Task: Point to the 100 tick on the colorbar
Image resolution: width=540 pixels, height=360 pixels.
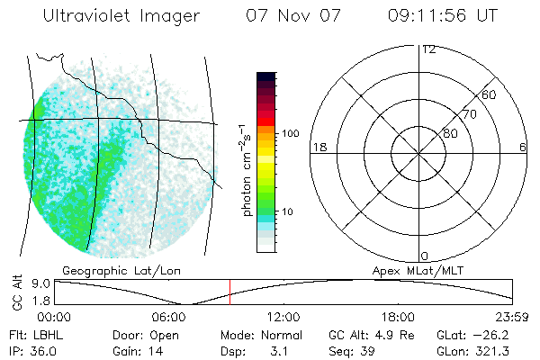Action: point(291,133)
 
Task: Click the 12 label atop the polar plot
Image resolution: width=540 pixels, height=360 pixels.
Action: point(429,49)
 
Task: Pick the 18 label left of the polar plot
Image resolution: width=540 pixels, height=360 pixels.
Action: point(318,147)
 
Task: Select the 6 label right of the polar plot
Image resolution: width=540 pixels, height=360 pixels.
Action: point(523,147)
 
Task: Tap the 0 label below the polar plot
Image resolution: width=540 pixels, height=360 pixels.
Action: point(424,256)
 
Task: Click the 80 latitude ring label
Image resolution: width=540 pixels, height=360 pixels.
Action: point(449,133)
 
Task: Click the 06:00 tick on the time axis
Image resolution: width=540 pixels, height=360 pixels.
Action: point(169,316)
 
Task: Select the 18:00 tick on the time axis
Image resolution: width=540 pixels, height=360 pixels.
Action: point(398,316)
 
